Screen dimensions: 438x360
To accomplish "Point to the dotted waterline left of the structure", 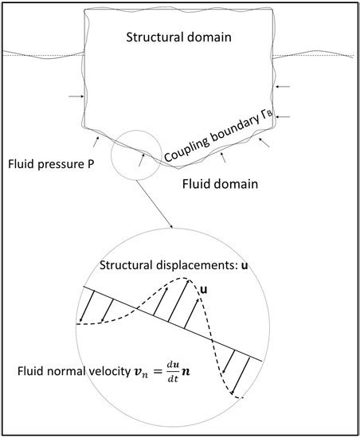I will tap(40, 57).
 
